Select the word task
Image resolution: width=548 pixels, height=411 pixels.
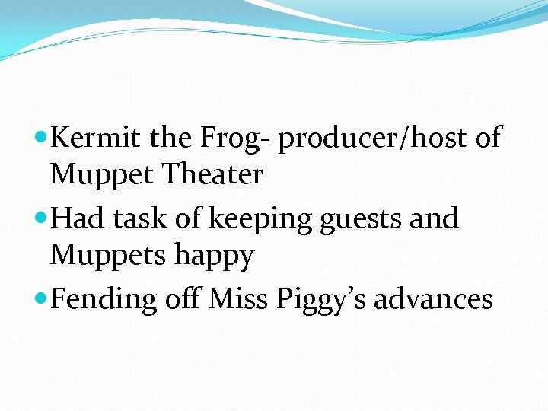click(x=142, y=218)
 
